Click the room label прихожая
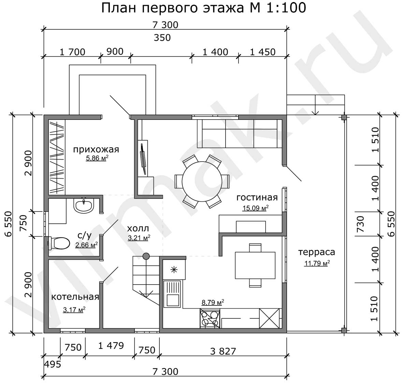96,149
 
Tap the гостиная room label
257,197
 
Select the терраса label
317,252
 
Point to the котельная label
75,297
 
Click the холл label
138,228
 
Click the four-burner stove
210,319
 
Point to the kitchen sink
173,294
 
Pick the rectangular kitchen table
255,265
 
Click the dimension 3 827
223,351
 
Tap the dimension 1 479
111,346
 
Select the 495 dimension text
53,364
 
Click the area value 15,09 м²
256,208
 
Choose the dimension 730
361,224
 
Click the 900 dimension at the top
115,52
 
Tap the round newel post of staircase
146,256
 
